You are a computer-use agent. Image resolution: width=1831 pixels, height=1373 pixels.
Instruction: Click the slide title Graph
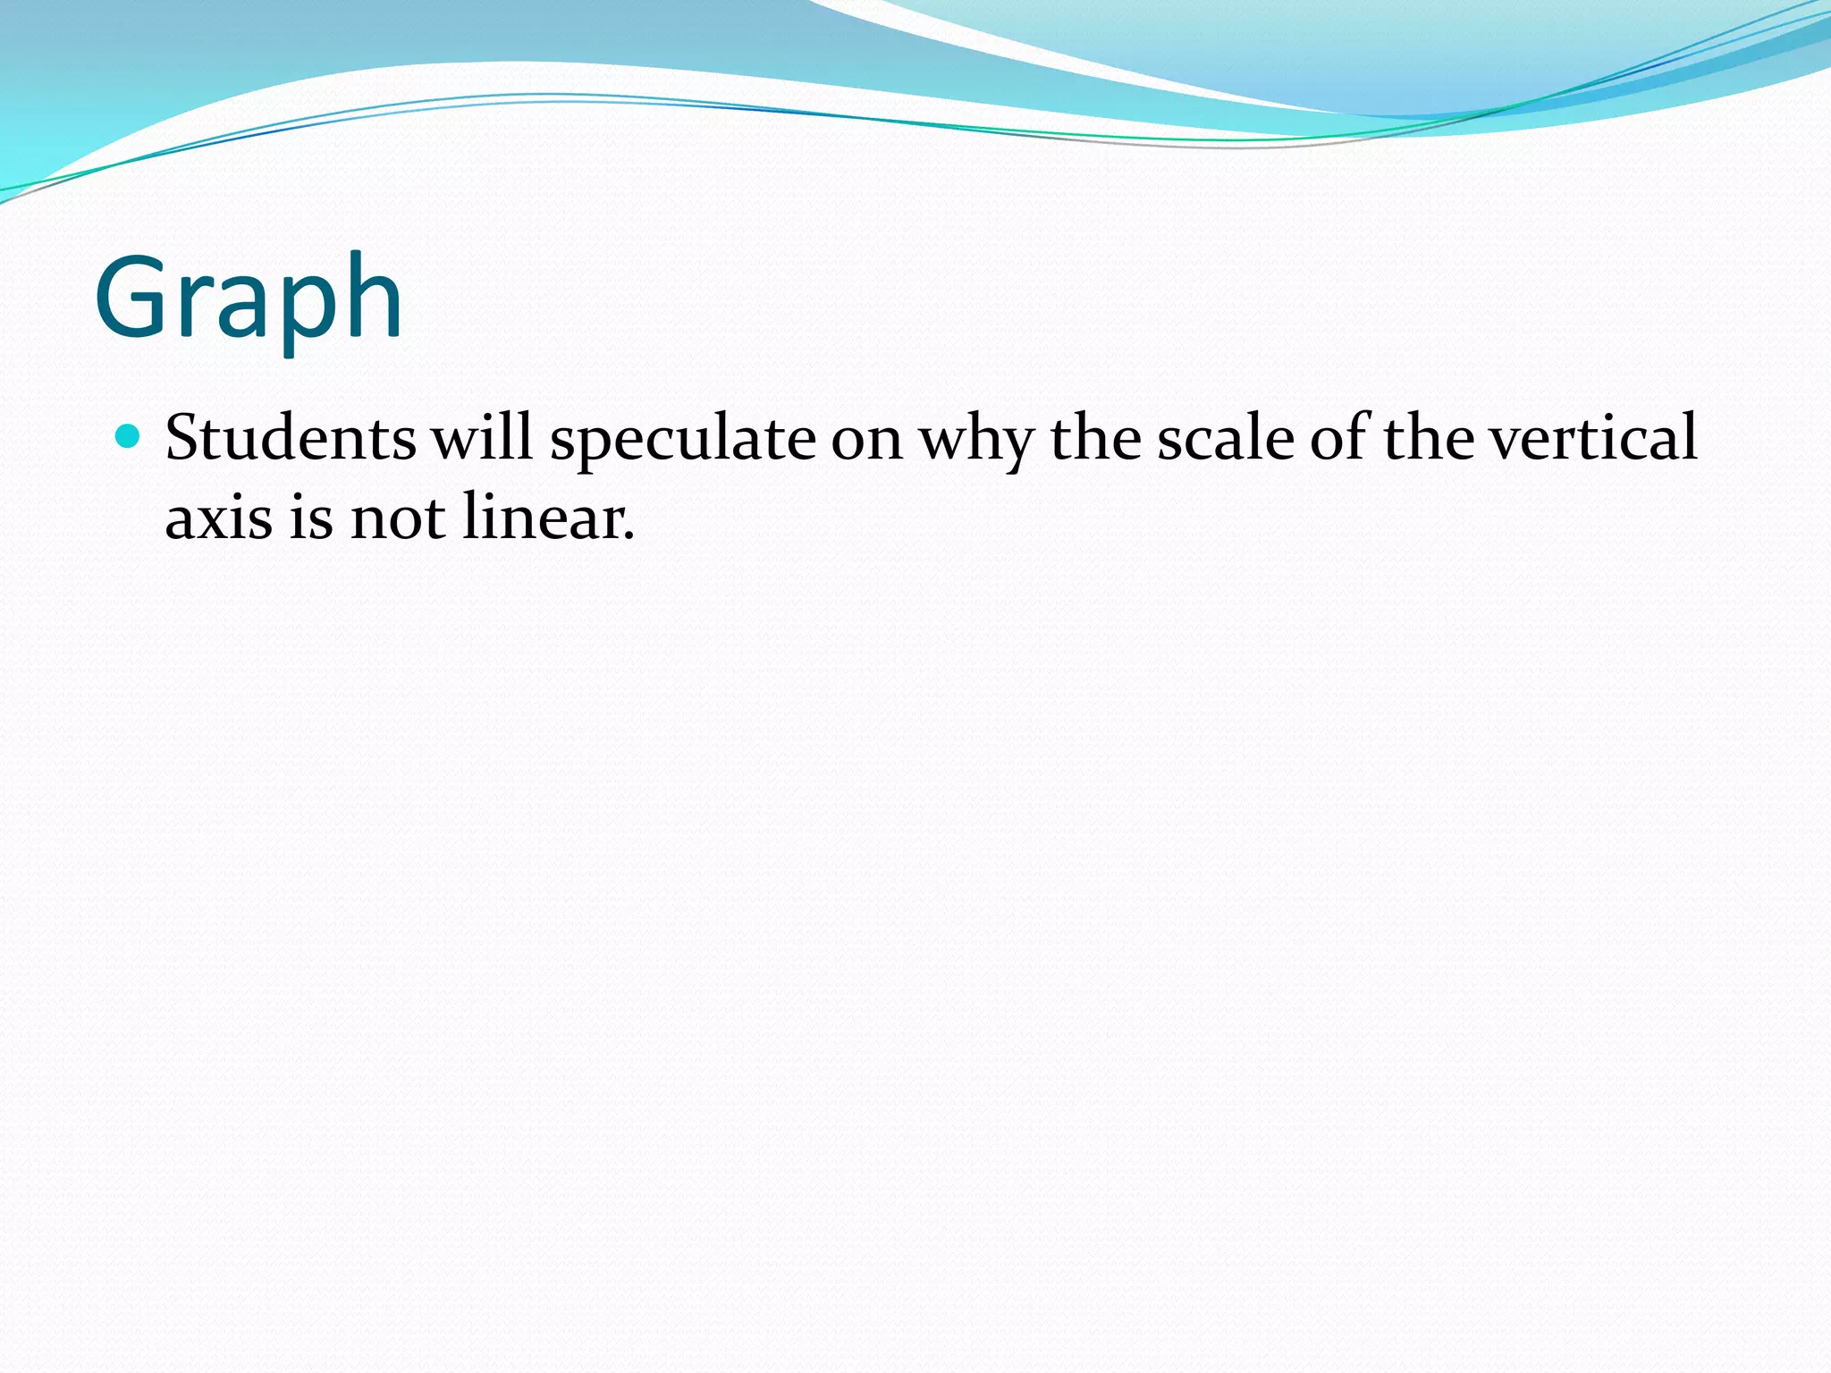click(249, 299)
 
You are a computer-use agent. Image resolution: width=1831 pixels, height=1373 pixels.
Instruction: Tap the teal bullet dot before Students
click(130, 436)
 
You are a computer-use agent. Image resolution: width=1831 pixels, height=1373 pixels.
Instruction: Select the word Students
click(291, 438)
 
